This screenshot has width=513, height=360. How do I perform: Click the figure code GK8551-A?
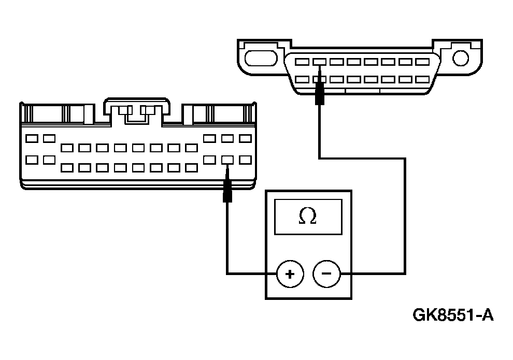tap(453, 315)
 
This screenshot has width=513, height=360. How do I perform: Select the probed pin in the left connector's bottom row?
tap(227, 160)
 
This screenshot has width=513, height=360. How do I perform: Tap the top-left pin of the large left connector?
tap(31, 138)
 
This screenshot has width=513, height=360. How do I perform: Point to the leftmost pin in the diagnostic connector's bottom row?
tap(302, 80)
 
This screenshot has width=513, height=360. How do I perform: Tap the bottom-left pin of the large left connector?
tap(31, 160)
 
